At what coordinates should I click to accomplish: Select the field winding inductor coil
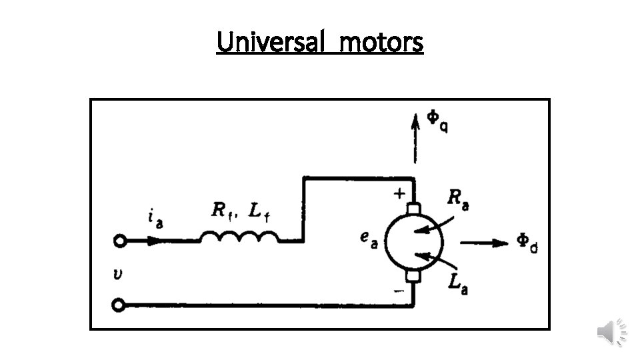pos(239,237)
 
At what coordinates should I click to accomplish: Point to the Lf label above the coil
pos(259,211)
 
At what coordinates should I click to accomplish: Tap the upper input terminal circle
pos(119,241)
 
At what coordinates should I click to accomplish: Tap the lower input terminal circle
pos(119,305)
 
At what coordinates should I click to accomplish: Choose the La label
pos(457,283)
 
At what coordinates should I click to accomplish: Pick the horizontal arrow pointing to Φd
pos(484,243)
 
